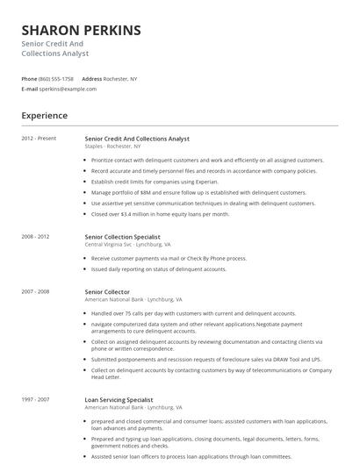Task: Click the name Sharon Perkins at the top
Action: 81,31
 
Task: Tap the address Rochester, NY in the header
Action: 120,79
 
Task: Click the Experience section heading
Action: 45,116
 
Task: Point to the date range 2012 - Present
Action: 39,139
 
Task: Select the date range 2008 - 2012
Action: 35,237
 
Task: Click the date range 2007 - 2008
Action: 35,291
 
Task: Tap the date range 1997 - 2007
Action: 35,400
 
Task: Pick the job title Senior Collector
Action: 107,291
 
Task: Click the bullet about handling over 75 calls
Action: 193,313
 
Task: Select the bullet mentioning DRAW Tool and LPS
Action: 206,359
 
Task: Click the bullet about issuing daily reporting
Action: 159,269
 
